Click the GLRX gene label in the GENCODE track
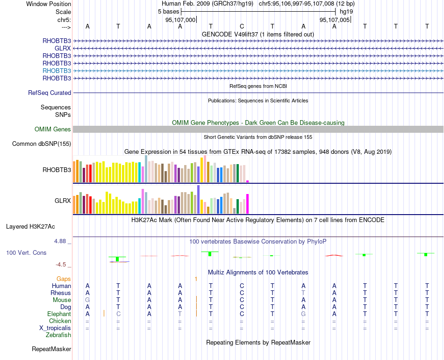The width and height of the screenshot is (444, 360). tap(63, 48)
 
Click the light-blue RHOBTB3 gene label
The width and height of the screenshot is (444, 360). tap(57, 71)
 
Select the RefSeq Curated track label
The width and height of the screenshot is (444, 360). tap(50, 93)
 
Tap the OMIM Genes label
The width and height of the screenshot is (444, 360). tap(53, 130)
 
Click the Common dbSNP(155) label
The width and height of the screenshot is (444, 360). tap(41, 144)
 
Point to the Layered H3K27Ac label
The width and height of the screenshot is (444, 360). tap(30, 227)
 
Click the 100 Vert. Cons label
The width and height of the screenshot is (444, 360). tap(26, 253)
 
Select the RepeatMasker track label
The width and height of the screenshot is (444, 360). tap(51, 349)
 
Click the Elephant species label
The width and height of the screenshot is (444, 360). tap(59, 314)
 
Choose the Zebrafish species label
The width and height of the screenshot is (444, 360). tap(58, 335)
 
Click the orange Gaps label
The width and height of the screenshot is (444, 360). tap(64, 279)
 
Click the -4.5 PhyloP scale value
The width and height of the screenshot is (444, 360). tap(61, 265)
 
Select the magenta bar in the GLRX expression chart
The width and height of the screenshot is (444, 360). tap(247, 203)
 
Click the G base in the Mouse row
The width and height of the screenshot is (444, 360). tap(87, 300)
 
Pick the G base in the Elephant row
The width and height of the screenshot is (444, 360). tap(303, 314)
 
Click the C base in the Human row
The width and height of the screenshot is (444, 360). tap(242, 286)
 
